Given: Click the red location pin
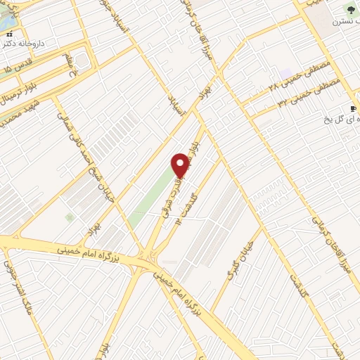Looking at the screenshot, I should click(180, 165).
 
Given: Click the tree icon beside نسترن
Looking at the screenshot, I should click(350, 9).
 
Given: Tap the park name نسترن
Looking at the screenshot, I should click(341, 22).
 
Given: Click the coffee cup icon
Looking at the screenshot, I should click(353, 108).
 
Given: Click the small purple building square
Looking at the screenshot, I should click(285, 74).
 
